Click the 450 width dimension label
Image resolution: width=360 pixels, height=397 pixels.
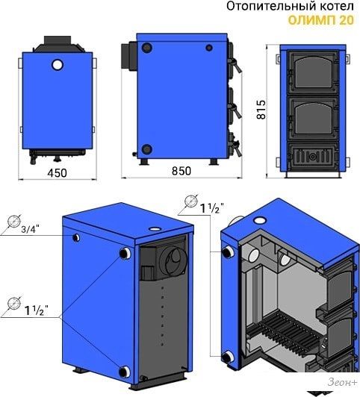coord(58,173)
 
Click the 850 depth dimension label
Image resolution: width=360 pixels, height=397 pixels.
coord(181,171)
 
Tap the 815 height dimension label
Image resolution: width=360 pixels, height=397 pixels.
coord(261,110)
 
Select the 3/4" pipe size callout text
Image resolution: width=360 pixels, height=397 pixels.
coord(31,229)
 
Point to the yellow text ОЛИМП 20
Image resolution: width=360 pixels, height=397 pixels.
coord(320,20)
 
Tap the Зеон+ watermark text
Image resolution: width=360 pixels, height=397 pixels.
coord(342,382)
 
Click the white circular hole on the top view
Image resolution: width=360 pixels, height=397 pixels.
coord(58,65)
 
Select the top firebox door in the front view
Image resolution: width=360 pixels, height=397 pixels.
coord(313,72)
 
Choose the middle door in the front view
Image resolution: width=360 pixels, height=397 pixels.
coord(313,119)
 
